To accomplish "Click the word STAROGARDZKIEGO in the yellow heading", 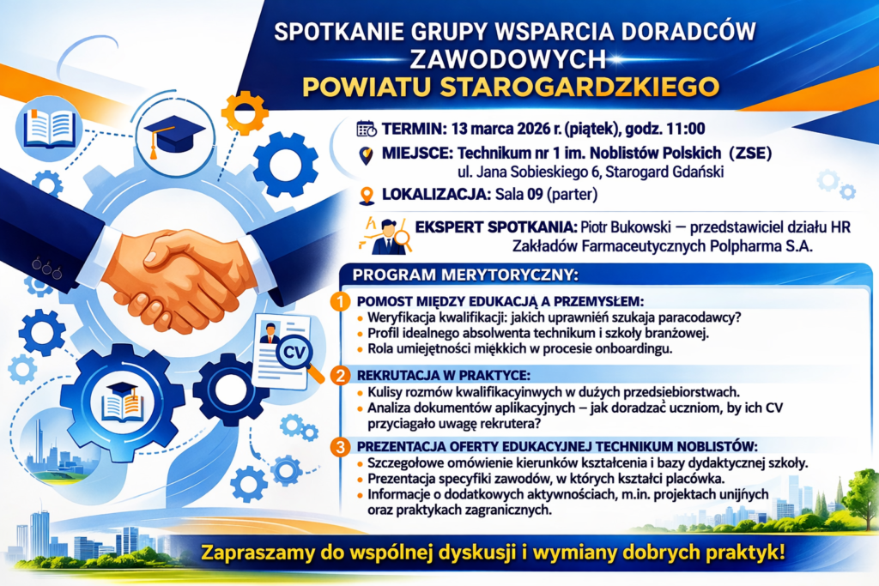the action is (579, 87).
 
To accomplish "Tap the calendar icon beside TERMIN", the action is (367, 129).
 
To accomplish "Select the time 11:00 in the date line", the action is (686, 129).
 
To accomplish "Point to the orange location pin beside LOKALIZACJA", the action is (367, 196).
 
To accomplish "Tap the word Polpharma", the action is (744, 246).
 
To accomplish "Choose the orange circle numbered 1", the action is (340, 301).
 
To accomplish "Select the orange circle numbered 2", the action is (340, 375).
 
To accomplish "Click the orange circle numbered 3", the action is (340, 447).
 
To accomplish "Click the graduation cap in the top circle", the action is (173, 135).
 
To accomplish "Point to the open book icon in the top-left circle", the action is (49, 129).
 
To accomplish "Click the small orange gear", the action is (245, 113).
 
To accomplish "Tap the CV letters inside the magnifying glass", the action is (294, 353).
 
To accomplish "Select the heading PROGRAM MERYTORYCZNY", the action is (464, 275).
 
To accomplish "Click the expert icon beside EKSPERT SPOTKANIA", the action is (388, 236).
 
